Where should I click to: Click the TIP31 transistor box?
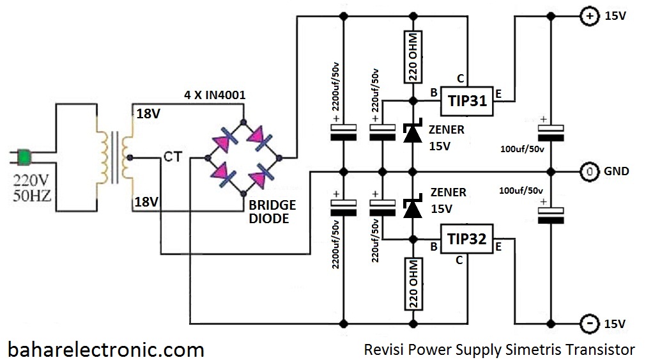[x=467, y=101]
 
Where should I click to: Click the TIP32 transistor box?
[x=467, y=240]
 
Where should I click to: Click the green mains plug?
[x=25, y=156]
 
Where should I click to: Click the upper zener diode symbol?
[x=412, y=132]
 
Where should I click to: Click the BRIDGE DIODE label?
[x=272, y=212]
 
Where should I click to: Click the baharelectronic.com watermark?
[x=106, y=350]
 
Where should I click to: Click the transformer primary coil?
[x=103, y=157]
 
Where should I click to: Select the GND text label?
[x=617, y=171]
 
